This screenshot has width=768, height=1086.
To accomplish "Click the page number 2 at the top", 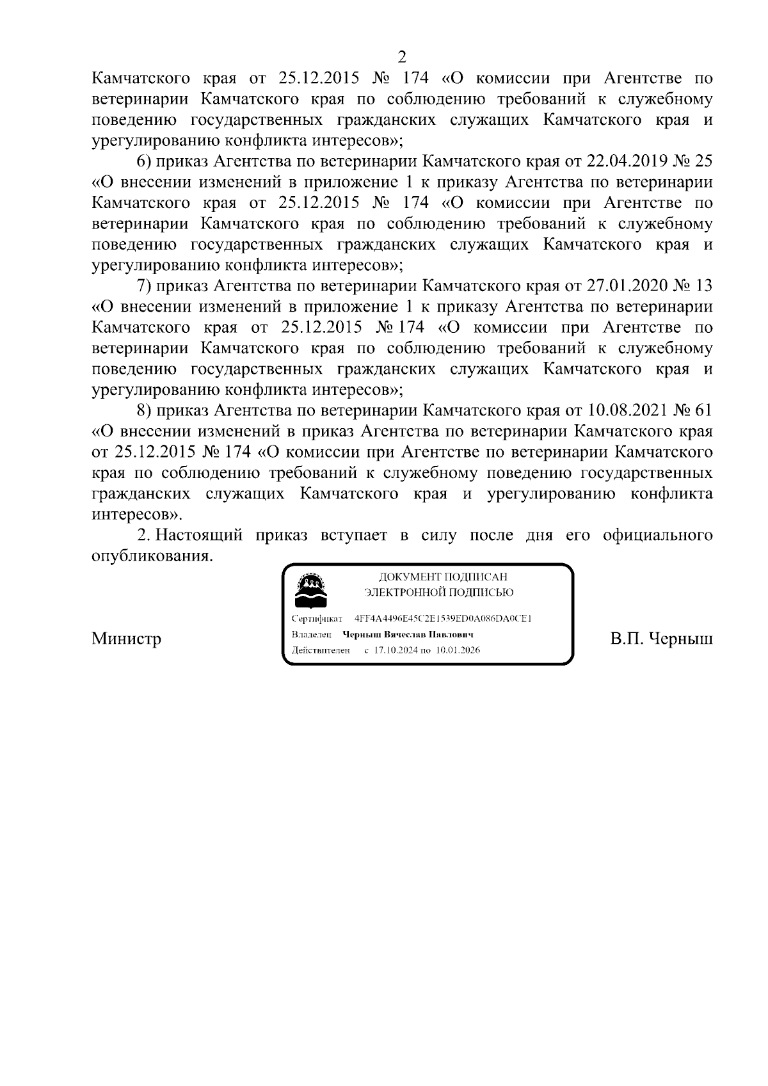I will tap(402, 57).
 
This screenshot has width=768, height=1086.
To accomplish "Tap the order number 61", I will tap(702, 410).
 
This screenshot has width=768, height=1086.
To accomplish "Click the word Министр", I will tap(126, 639).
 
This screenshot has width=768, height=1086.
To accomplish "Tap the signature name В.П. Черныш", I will tap(661, 639).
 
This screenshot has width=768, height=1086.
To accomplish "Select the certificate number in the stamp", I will tap(443, 619).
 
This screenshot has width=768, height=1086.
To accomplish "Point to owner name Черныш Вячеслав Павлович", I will tap(408, 635).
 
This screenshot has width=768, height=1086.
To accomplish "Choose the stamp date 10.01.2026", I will tap(458, 650).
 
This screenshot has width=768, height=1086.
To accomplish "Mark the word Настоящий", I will tap(199, 535).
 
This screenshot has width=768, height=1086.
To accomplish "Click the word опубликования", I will tap(152, 555).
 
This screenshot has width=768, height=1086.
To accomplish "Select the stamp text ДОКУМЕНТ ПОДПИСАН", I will tap(443, 577).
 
